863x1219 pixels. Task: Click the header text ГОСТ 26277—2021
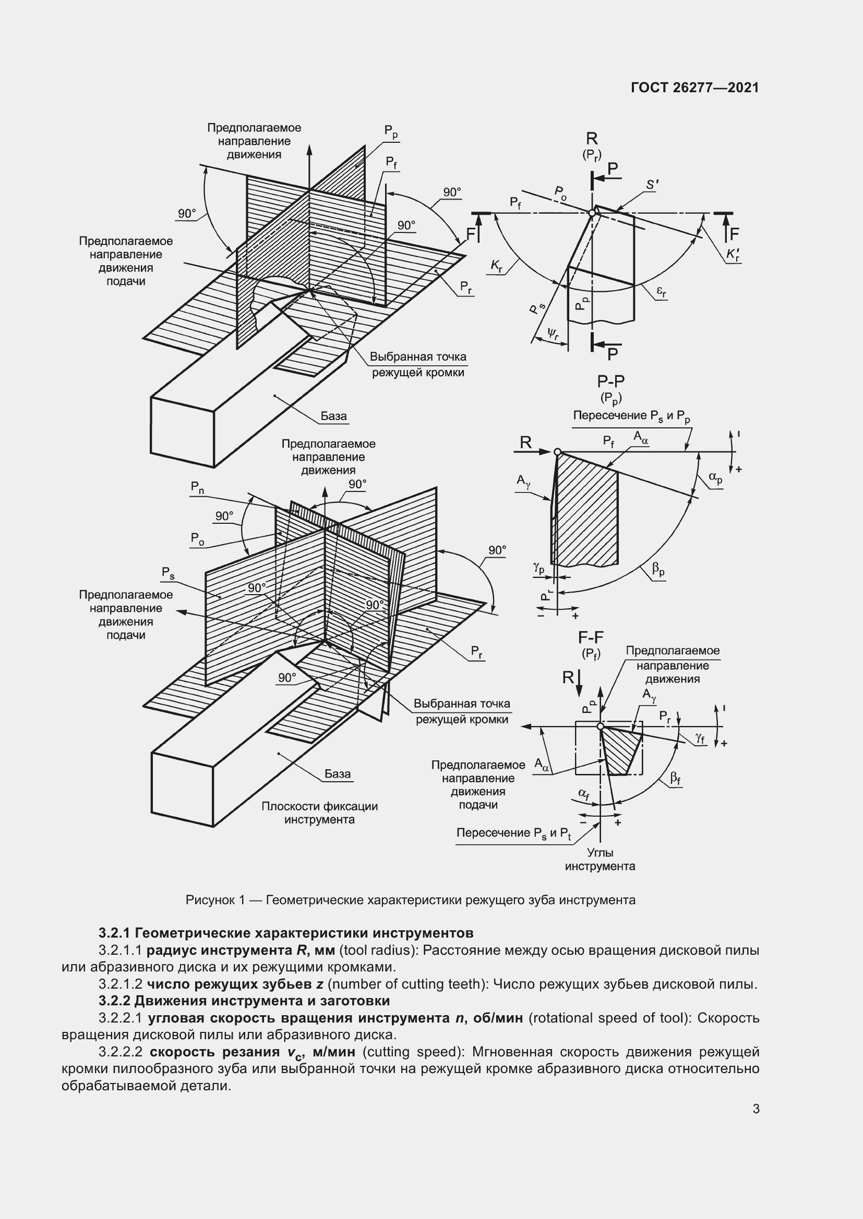click(695, 88)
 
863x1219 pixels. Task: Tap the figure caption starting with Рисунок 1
click(410, 900)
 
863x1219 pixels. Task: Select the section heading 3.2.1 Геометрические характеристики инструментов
click(286, 933)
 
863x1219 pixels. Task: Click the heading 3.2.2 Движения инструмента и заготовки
click(244, 1001)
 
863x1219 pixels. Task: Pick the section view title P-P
click(611, 381)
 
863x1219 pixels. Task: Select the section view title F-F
click(591, 637)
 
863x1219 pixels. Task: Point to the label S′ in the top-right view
click(652, 185)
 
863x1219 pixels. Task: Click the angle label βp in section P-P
click(658, 571)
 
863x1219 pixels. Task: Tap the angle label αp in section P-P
click(716, 478)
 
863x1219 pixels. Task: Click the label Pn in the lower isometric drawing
click(198, 487)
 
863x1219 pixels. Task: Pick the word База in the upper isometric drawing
click(334, 416)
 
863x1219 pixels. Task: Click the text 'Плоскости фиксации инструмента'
click(319, 813)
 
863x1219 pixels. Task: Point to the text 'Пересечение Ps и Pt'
click(514, 833)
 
